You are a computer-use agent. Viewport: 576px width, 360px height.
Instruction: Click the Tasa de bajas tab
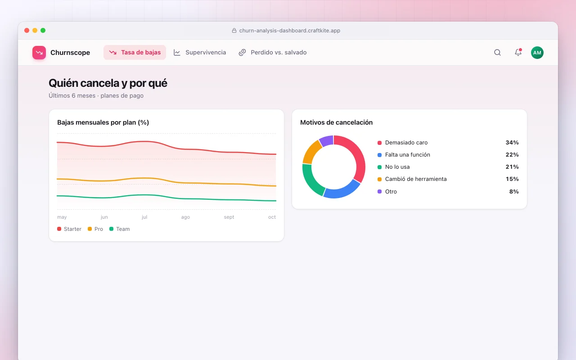[135, 53]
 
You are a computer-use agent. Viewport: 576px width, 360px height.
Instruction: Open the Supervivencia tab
[200, 53]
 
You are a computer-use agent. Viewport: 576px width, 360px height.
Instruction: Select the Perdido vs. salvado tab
[273, 53]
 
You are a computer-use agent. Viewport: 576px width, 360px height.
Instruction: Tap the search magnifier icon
[497, 53]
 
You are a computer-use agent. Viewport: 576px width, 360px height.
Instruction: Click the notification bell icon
[518, 53]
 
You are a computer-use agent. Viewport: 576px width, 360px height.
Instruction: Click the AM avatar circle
[537, 53]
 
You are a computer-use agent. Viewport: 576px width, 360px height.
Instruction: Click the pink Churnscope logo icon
[39, 53]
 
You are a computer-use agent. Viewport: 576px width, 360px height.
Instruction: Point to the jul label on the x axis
[144, 217]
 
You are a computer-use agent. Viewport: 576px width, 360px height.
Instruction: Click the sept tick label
[229, 217]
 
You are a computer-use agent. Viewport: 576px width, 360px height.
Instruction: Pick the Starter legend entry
[69, 229]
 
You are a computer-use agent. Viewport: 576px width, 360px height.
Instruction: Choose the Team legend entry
[120, 229]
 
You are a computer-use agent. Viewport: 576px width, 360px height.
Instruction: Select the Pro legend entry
[95, 229]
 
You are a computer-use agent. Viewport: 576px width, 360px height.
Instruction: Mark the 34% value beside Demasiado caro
[512, 143]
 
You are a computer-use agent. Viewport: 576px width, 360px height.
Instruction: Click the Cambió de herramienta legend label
[416, 179]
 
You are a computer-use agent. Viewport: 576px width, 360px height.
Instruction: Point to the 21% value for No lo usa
[512, 167]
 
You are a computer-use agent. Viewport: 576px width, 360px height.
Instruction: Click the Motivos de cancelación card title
[336, 122]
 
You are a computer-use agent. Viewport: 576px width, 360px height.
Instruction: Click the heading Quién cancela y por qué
[108, 83]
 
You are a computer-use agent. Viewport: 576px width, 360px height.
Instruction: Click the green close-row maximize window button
[43, 30]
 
